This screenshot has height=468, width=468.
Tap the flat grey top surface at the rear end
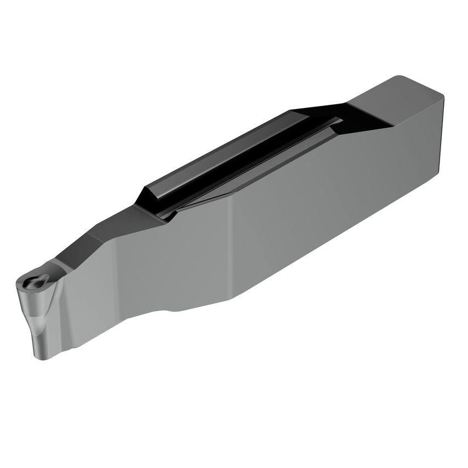pyautogui.click(x=395, y=101)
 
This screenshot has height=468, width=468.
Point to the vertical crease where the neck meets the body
pyautogui.click(x=231, y=247)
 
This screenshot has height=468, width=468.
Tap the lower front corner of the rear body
pyautogui.click(x=231, y=299)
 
